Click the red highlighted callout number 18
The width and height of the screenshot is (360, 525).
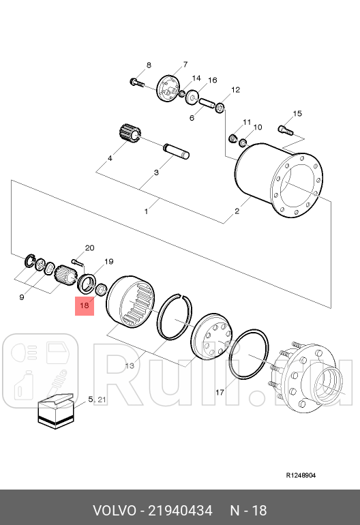pos(85,306)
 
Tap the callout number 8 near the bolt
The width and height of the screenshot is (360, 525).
pos(148,65)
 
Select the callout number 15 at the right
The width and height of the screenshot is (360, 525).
pos(297,113)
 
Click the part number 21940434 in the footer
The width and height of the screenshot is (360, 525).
pos(180,511)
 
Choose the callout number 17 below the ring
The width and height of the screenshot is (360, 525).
pos(220,392)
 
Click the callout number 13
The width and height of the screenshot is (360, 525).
pos(130,366)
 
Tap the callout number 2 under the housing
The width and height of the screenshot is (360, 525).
pos(237,211)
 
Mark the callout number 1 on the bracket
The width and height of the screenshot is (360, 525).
pos(146,211)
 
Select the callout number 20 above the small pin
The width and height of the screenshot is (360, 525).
pos(89,247)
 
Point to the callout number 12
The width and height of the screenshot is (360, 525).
pos(235,90)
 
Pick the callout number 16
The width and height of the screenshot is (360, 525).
pos(212,80)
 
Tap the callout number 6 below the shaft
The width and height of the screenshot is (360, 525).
pos(192,117)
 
